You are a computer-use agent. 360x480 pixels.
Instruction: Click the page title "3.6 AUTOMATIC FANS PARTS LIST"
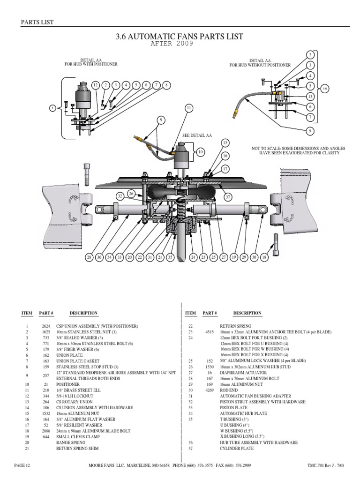(180, 36)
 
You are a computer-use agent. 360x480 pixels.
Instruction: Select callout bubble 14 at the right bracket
(325, 88)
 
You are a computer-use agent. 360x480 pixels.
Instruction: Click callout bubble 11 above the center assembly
(189, 108)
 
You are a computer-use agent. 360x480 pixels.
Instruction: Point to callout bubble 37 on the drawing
(228, 197)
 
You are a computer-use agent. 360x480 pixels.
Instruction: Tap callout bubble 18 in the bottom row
(264, 257)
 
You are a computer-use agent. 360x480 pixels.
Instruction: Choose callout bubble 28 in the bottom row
(89, 257)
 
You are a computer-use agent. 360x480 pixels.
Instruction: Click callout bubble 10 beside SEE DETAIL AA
(201, 152)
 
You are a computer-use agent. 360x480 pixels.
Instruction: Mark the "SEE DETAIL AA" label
(197, 135)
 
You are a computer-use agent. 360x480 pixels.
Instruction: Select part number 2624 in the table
(45, 326)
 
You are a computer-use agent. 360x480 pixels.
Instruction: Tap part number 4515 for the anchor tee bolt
(209, 332)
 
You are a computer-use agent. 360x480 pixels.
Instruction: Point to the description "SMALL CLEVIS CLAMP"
(77, 436)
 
